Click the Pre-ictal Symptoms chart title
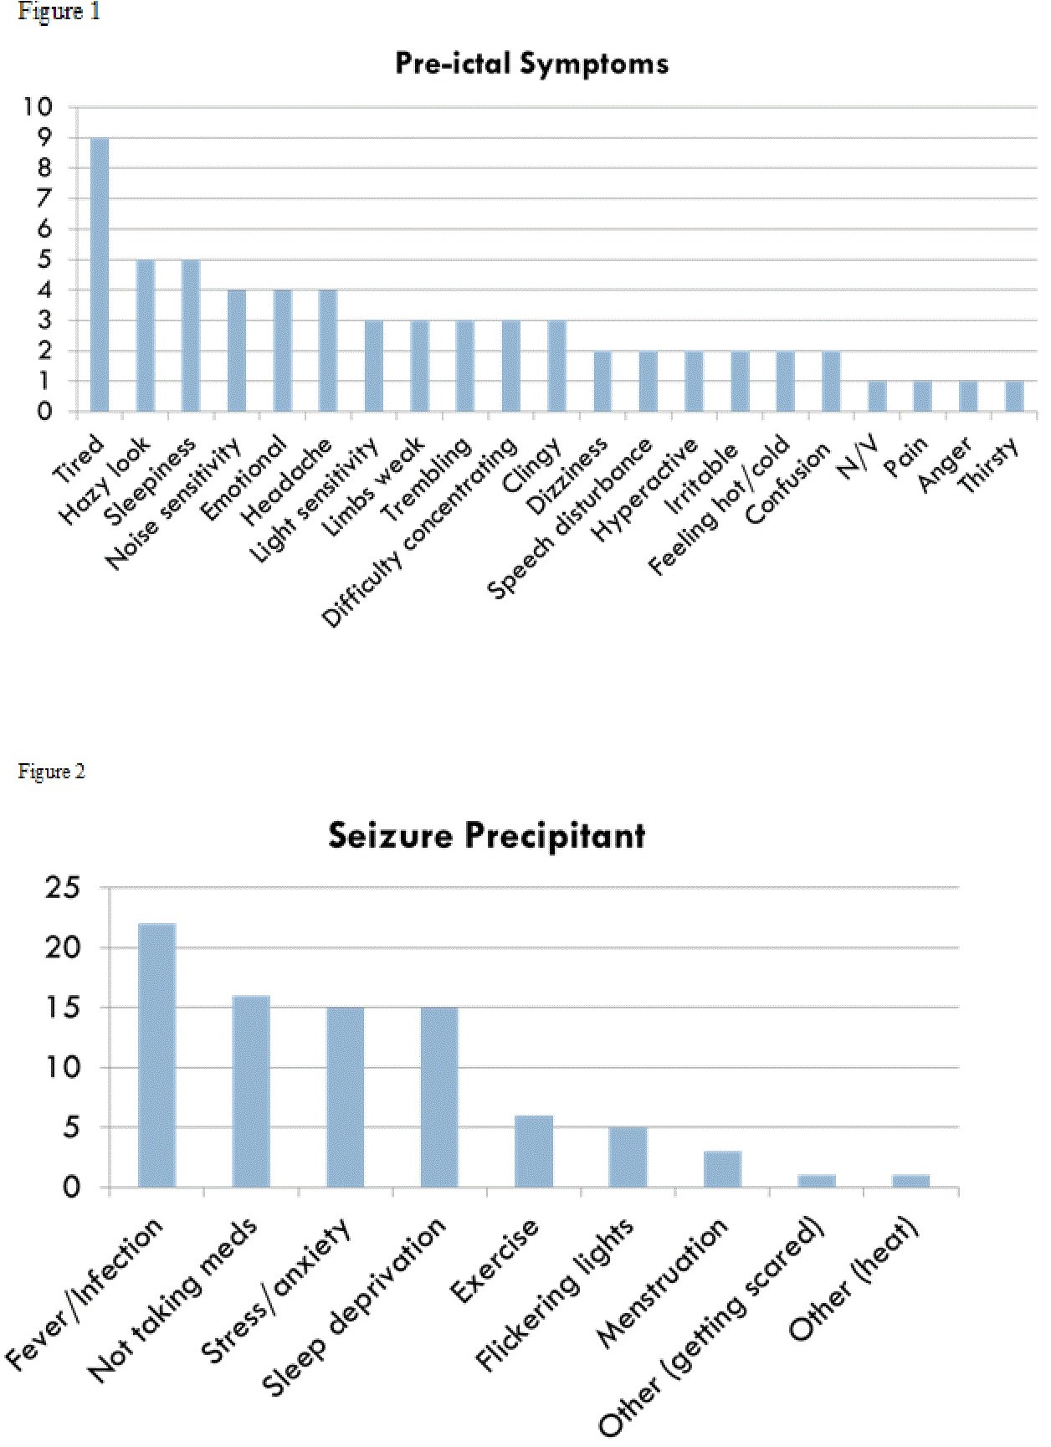(x=531, y=64)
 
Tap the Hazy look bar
(x=146, y=336)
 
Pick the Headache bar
(x=328, y=351)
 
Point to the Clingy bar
(x=556, y=366)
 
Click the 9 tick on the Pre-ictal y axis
(x=43, y=137)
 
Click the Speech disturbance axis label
(x=569, y=519)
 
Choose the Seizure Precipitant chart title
(x=486, y=835)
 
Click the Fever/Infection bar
(x=156, y=1055)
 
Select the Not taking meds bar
(x=251, y=1091)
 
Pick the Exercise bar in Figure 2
(x=534, y=1151)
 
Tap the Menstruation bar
(x=722, y=1169)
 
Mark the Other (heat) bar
(x=910, y=1181)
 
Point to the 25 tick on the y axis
(x=63, y=887)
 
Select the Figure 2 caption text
(x=51, y=771)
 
